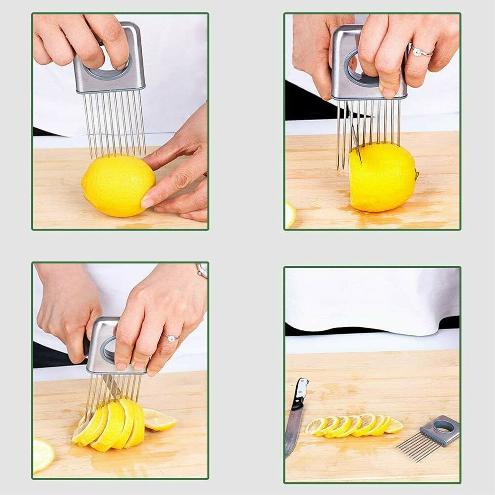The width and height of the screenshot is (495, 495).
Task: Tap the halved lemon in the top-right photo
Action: pyautogui.click(x=384, y=178)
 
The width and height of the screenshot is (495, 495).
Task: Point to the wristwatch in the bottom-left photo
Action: pyautogui.click(x=203, y=270)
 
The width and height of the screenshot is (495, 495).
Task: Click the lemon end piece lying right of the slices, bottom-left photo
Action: pyautogui.click(x=159, y=419)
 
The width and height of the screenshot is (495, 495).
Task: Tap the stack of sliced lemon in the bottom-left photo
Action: pyautogui.click(x=108, y=422)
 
